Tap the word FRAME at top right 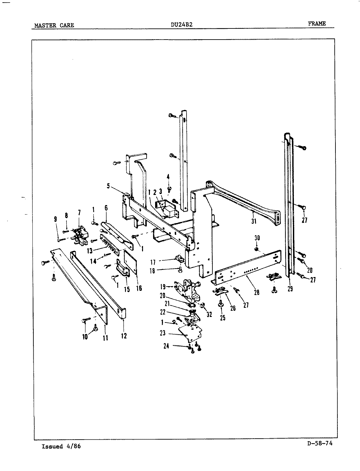pos(316,23)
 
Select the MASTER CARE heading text pos(54,25)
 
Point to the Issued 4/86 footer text pos(61,446)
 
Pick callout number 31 pos(254,221)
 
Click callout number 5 pos(108,186)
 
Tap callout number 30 pos(257,238)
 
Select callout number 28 pos(257,292)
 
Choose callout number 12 pos(124,336)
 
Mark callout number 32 pos(209,315)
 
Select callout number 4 pos(168,177)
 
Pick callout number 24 pos(166,346)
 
